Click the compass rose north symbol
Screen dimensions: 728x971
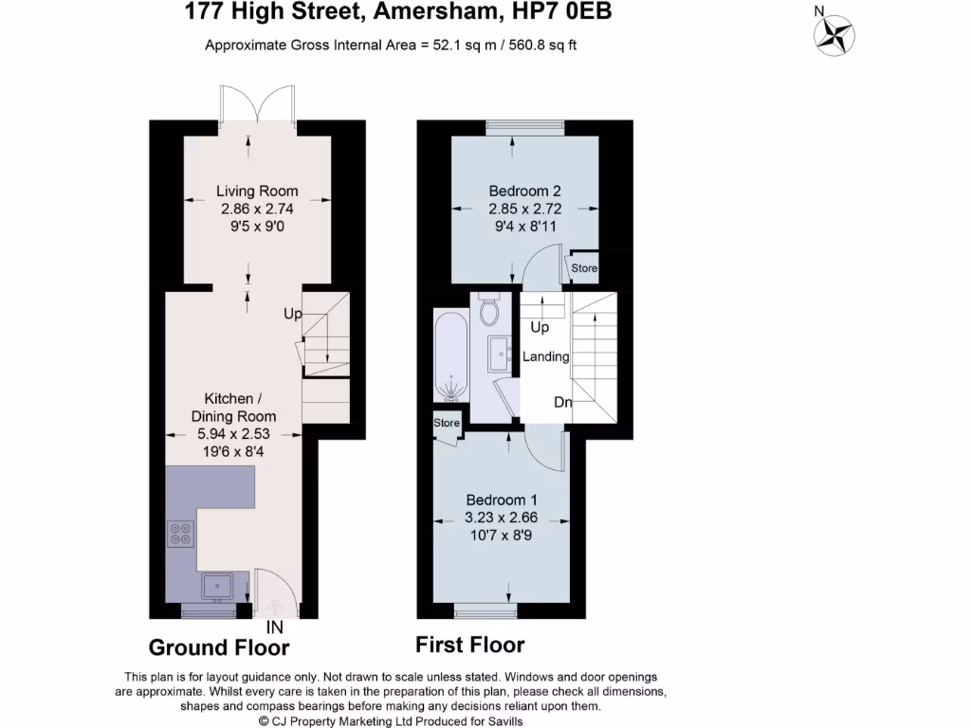[834, 35]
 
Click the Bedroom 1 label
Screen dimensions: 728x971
[503, 500]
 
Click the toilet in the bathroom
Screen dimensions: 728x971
[490, 311]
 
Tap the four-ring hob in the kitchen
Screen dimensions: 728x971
[179, 535]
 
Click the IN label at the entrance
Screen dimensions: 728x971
[275, 628]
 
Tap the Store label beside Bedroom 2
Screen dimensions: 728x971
[585, 268]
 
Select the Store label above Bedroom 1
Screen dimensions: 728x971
[447, 423]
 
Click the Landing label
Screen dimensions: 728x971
[546, 357]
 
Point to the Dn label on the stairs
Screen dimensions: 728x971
[563, 402]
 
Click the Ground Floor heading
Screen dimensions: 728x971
[219, 648]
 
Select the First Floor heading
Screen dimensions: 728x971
[470, 646]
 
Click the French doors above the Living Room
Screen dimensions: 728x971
[257, 106]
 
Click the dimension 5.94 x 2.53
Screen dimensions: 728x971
[233, 434]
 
